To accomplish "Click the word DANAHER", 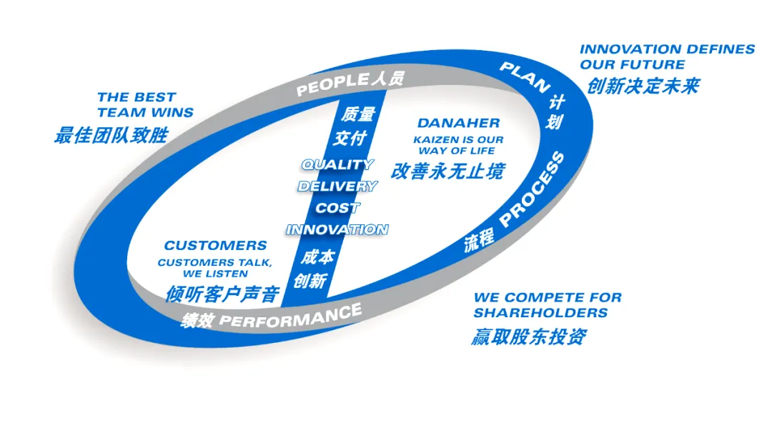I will click(458, 124).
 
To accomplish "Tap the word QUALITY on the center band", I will click(337, 164).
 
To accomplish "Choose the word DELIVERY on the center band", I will click(337, 186).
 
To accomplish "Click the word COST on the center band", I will click(337, 208).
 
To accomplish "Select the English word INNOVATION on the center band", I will click(337, 229).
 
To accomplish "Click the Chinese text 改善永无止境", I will click(447, 170).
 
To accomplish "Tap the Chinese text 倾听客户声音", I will click(222, 293).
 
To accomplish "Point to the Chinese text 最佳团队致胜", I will click(111, 134).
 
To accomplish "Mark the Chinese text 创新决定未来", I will click(643, 86).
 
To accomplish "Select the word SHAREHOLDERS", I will click(540, 313).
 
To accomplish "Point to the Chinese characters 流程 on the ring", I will click(479, 241).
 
